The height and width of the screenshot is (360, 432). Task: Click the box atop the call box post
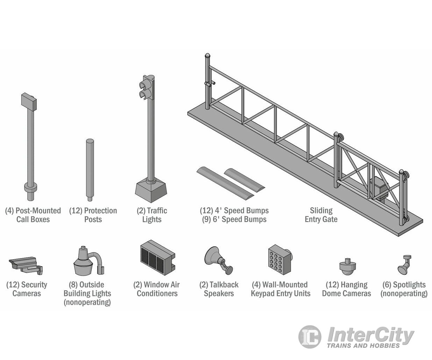click(x=29, y=101)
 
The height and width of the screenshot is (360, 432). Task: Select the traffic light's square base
click(x=151, y=190)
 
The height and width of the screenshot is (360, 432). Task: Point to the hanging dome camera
click(x=347, y=266)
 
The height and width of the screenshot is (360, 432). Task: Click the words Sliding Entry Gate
click(x=321, y=215)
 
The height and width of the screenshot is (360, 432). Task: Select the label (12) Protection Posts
click(x=93, y=215)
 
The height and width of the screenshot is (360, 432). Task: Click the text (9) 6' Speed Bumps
click(x=234, y=219)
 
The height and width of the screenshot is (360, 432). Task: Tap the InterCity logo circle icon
click(x=309, y=337)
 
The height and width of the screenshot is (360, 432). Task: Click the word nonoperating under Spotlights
click(x=404, y=294)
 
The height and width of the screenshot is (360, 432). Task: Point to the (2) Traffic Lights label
click(x=152, y=215)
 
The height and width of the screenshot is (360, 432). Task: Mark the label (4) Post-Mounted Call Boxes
click(x=33, y=215)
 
